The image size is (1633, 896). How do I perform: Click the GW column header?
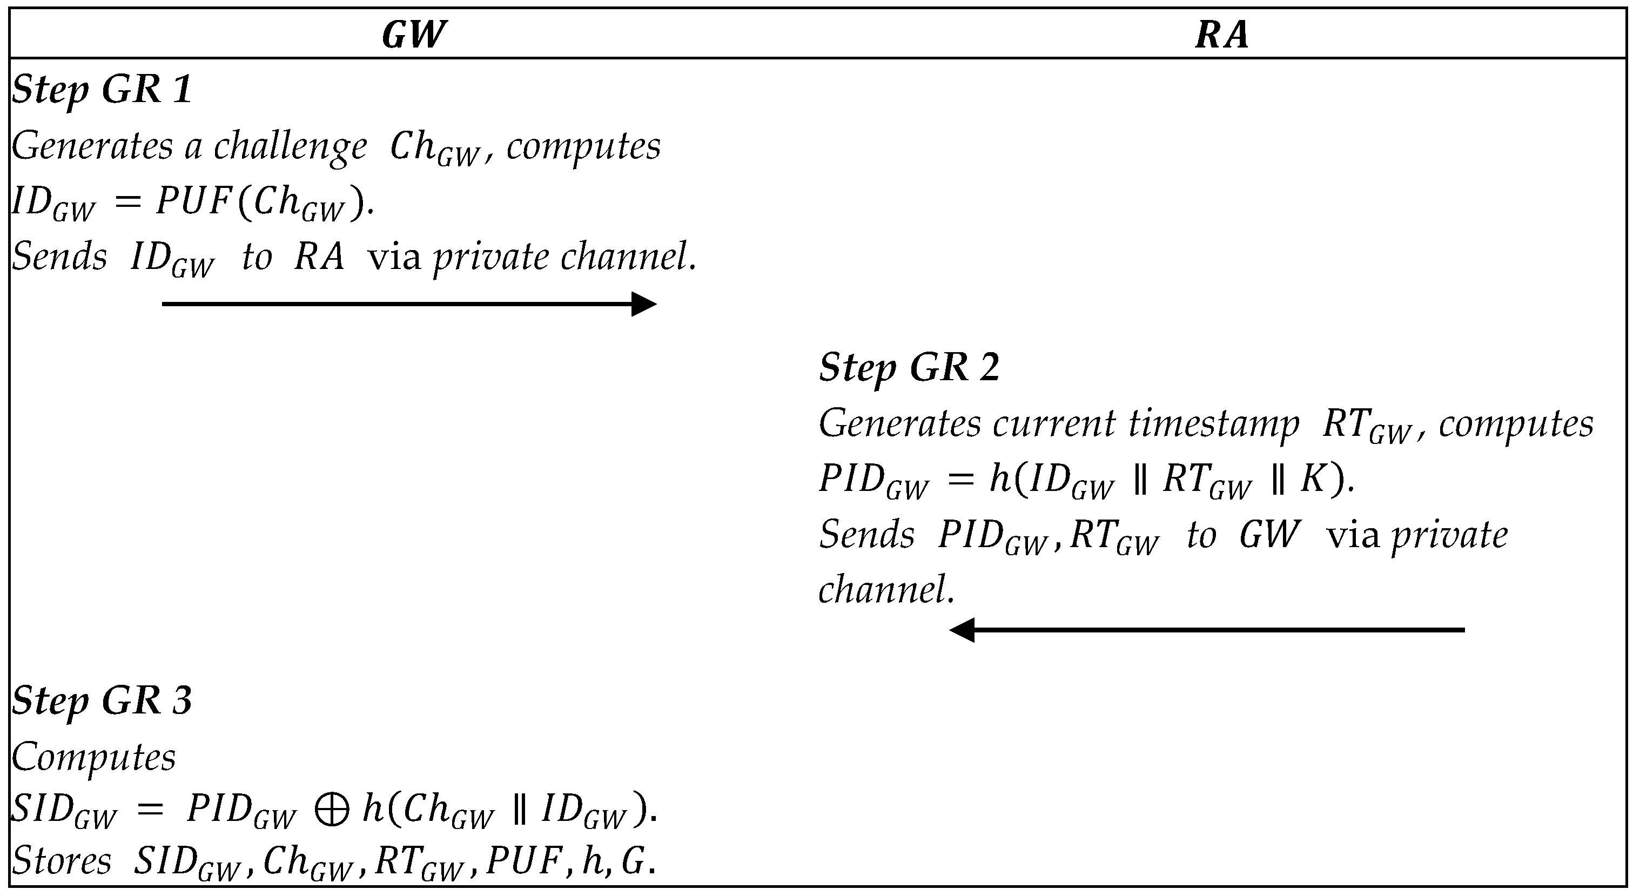414,34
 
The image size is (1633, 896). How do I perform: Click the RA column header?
1221,34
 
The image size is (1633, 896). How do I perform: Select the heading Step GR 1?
102,89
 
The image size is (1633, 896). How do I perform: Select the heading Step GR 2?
909,367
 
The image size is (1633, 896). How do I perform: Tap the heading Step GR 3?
102,701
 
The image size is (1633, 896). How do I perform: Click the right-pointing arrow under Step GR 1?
409,304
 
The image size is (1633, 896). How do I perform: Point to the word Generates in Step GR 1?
92,147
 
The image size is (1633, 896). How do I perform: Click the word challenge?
290,147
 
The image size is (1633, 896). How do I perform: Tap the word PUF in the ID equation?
193,202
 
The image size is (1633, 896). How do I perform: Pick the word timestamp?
1213,424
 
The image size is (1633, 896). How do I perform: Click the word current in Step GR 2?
1053,424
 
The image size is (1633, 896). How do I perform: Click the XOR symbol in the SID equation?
332,811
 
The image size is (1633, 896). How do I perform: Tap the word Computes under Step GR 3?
94,757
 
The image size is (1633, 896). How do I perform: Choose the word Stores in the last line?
62,861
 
